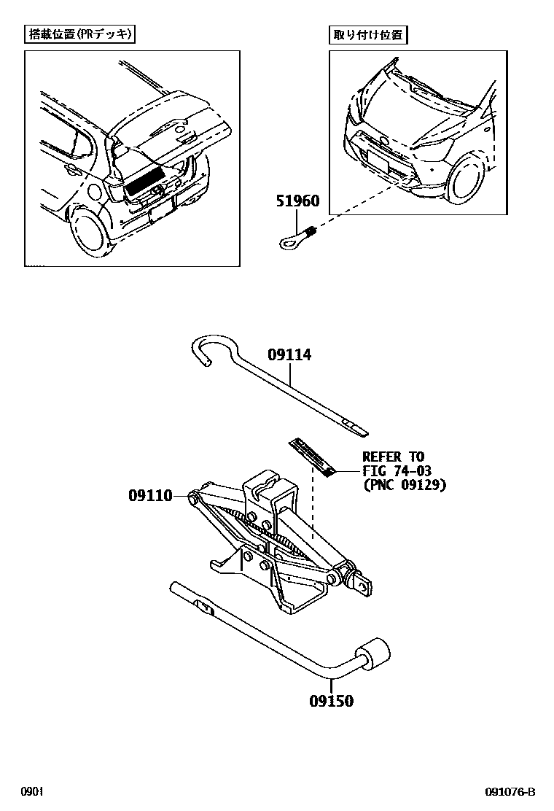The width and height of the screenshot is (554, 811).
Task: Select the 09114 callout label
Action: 289,355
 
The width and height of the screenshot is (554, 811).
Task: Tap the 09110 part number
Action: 150,496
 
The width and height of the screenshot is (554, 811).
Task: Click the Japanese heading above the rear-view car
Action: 81,34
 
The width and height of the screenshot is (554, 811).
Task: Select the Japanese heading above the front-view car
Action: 368,34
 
